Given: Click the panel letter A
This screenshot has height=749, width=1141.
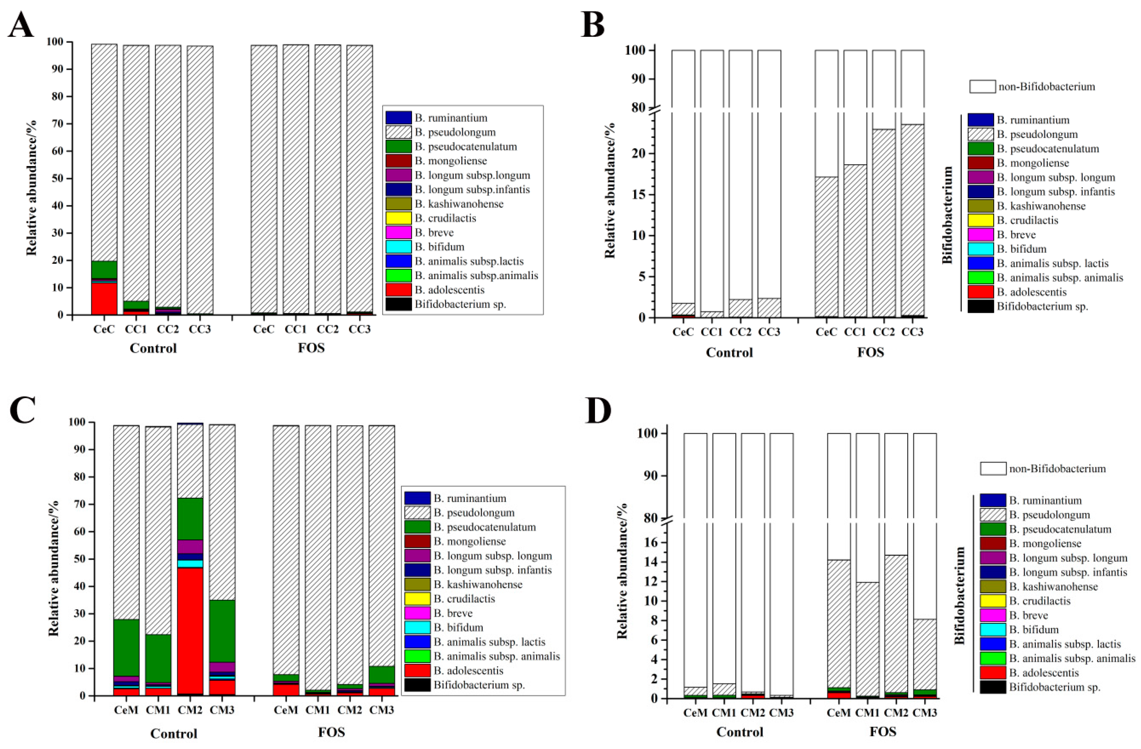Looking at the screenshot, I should [x=21, y=25].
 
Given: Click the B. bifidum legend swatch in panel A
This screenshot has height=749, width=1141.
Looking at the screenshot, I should [x=399, y=247].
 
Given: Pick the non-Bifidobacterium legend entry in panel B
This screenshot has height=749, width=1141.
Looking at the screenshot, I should [x=1046, y=87].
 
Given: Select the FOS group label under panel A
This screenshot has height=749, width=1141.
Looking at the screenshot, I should [x=311, y=348].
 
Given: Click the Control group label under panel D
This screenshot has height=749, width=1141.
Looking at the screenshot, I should [x=740, y=732].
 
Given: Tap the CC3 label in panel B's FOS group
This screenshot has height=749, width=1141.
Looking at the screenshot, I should [x=912, y=332].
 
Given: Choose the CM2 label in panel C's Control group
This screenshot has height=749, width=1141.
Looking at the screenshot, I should [x=190, y=710].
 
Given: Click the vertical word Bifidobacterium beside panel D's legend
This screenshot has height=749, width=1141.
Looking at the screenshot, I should [x=959, y=595].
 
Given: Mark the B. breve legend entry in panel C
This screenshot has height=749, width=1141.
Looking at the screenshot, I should [x=453, y=613].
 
